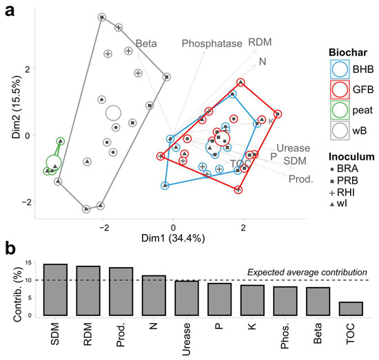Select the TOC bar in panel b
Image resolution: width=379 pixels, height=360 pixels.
coord(351,308)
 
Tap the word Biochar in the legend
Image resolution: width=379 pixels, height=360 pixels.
coord(347,51)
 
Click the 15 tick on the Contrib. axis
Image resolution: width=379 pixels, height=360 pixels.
coord(28,262)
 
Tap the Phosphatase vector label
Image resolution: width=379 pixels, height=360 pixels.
coord(212,43)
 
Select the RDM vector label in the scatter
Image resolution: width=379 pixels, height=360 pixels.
coord(259,42)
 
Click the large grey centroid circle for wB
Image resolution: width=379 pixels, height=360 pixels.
coord(114,113)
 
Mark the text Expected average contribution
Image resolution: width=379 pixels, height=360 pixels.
coord(307,272)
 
